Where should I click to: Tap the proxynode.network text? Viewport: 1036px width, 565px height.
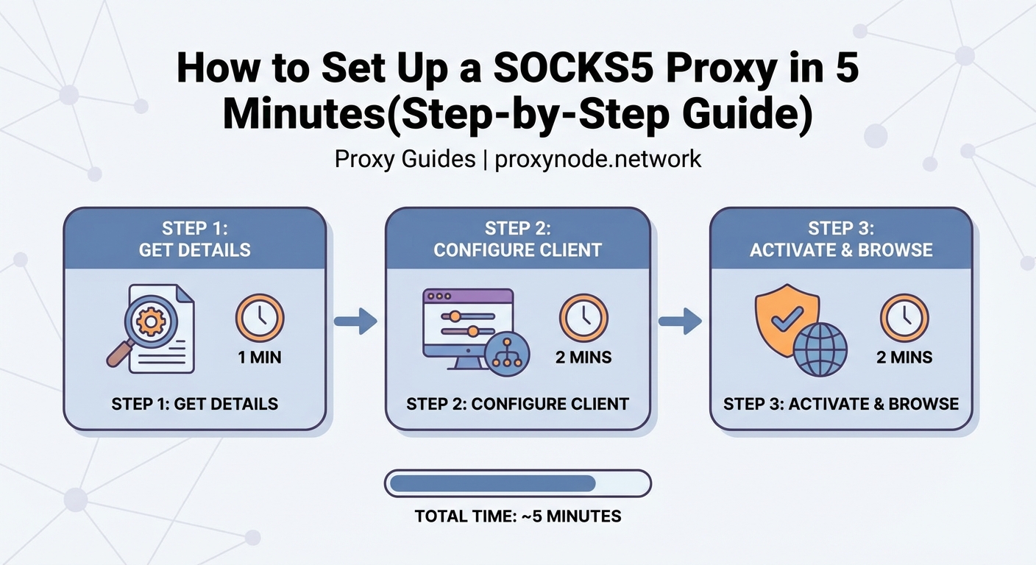point(598,159)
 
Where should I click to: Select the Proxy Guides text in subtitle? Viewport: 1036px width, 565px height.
point(405,159)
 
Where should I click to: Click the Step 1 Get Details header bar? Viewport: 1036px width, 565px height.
point(194,238)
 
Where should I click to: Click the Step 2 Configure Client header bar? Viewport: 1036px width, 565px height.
point(518,238)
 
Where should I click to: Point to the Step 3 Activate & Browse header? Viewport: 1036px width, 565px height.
point(841,238)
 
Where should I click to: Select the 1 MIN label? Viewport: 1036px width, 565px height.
point(260,358)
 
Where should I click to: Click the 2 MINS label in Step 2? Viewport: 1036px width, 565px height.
point(583,358)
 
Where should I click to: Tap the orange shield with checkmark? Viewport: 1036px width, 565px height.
point(786,315)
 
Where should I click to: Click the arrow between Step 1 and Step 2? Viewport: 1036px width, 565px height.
point(355,321)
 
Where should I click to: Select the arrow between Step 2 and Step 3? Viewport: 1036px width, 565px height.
point(679,321)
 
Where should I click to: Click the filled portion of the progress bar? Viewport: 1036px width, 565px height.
point(492,483)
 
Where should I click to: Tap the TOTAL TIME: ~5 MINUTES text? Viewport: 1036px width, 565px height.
point(518,516)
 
